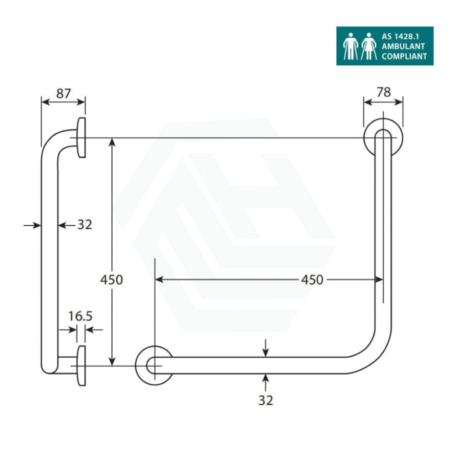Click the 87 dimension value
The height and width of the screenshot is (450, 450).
pyautogui.click(x=64, y=93)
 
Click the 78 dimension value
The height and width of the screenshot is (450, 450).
pyautogui.click(x=384, y=93)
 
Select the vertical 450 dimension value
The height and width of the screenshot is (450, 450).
pyautogui.click(x=111, y=279)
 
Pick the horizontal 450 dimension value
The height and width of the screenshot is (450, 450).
pyautogui.click(x=312, y=279)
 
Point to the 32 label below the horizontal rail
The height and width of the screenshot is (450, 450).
pyautogui.click(x=265, y=400)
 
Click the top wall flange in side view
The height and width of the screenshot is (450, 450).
pyautogui.click(x=82, y=138)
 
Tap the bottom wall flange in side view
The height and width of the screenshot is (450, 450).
pyautogui.click(x=82, y=366)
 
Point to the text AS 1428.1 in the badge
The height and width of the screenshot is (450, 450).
pyautogui.click(x=400, y=37)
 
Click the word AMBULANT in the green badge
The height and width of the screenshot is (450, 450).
pyautogui.click(x=403, y=46)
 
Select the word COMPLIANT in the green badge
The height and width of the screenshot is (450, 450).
pyautogui.click(x=404, y=56)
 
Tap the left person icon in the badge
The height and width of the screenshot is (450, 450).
pyautogui.click(x=350, y=46)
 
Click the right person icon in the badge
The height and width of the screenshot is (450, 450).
pyautogui.click(x=369, y=46)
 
